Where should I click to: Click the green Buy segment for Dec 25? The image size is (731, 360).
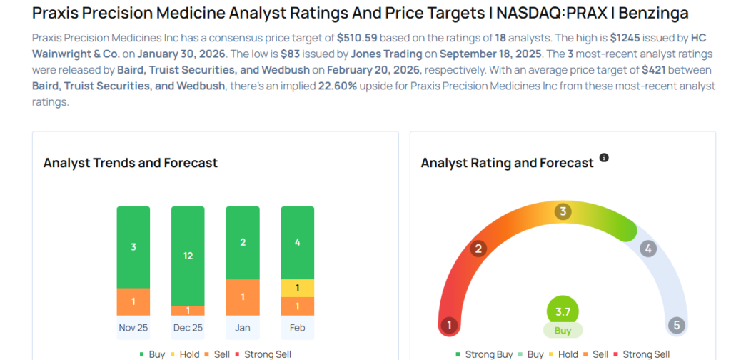click(188, 256)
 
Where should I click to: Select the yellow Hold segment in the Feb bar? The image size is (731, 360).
click(297, 288)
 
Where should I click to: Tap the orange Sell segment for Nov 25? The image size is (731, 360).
click(133, 301)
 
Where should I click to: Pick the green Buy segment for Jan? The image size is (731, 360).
click(243, 243)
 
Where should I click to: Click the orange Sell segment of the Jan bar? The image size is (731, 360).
click(243, 297)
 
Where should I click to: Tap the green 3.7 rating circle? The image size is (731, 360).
click(563, 311)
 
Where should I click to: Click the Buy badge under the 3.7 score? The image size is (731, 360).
click(563, 331)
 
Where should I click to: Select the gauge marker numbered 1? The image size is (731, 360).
click(450, 326)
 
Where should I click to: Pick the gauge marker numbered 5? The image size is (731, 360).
click(676, 326)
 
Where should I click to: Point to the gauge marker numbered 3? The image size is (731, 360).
click(563, 211)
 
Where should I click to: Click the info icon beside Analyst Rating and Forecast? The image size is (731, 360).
click(604, 158)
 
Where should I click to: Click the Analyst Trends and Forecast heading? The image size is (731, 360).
click(130, 163)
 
